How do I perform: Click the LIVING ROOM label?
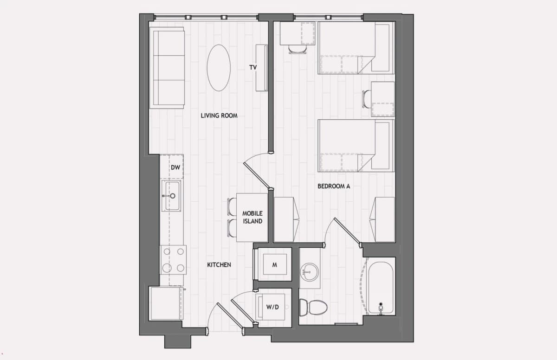coord(219,116)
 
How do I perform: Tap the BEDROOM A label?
coord(334,186)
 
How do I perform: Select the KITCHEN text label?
coord(219,265)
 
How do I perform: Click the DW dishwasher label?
coord(175,167)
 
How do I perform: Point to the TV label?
coord(253,67)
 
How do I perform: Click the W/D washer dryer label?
coord(272,307)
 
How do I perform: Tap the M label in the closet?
coord(274,265)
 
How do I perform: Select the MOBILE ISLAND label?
coord(253,218)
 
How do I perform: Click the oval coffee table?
coord(219,68)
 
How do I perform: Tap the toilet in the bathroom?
coord(313,307)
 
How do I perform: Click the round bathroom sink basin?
coord(309,272)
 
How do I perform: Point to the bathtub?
coord(381,287)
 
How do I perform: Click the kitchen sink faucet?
coord(169,196)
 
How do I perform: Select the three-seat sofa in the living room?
coord(167,68)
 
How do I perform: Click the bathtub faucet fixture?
coord(381,309)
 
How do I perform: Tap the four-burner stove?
coord(173,260)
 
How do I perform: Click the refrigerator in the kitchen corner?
coord(166,303)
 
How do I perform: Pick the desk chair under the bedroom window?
coord(298,49)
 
